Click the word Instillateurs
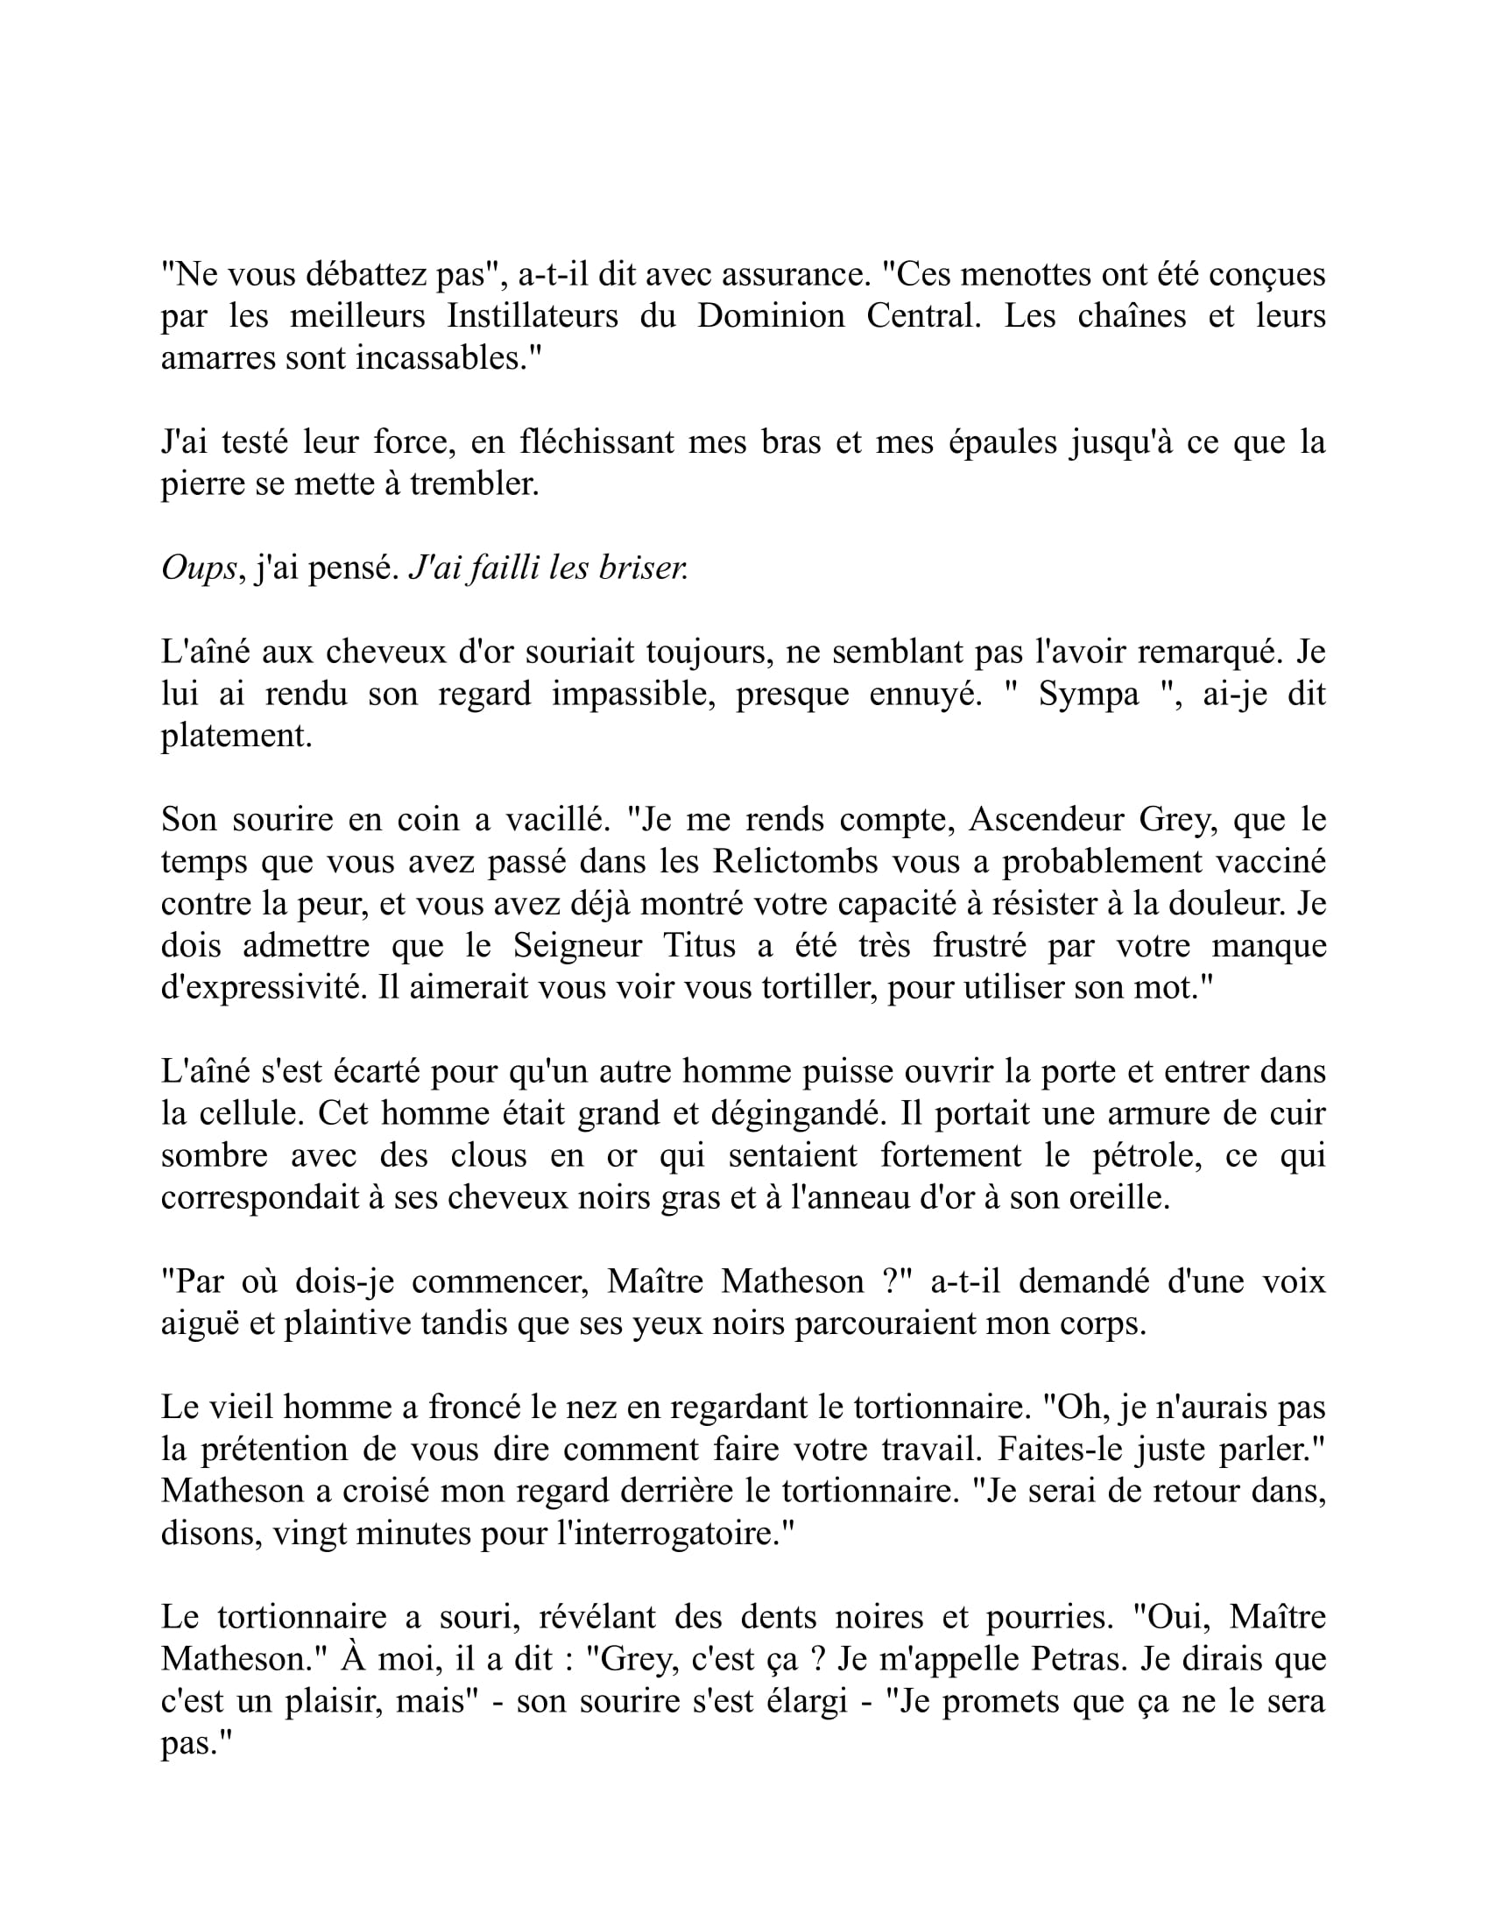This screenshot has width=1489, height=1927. coord(532,316)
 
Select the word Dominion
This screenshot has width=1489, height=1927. coord(770,316)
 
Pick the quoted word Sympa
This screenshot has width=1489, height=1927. coord(1089,695)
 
